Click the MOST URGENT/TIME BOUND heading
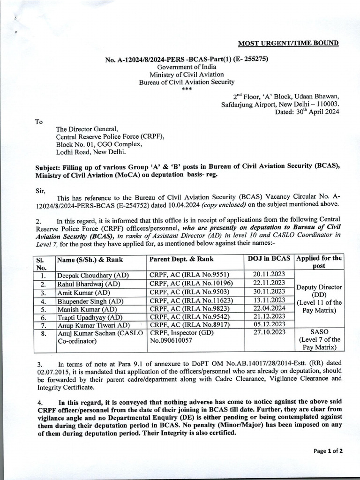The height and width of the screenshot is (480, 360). [x=288, y=44]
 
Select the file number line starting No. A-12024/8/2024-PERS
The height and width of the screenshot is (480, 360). [x=187, y=59]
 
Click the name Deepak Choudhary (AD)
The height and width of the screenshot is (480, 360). [x=93, y=275]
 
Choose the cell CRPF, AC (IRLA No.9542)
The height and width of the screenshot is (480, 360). [x=187, y=317]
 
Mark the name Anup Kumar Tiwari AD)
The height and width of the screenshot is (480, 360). [x=93, y=325]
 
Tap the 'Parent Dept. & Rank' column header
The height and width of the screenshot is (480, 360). [x=181, y=259]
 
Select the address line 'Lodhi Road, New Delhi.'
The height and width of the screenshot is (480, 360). [x=91, y=152]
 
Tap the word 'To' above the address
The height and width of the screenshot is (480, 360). [x=39, y=122]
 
